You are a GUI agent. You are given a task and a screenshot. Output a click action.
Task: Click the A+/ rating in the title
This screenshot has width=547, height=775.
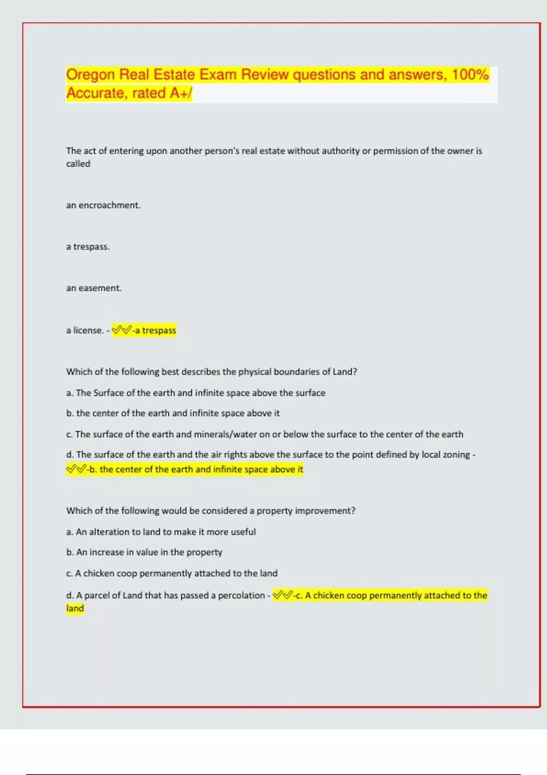[181, 93]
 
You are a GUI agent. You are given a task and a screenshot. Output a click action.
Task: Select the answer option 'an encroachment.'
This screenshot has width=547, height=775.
[103, 205]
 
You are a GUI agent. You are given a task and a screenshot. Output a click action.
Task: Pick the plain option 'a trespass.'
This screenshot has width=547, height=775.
[88, 247]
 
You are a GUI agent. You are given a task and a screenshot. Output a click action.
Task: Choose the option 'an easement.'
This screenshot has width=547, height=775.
[93, 288]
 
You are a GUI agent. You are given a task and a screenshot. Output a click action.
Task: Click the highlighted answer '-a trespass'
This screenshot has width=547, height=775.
[154, 330]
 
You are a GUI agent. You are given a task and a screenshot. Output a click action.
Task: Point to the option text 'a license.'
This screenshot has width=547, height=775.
[85, 330]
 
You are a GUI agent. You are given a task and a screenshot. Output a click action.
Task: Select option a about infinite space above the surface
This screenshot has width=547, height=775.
[196, 393]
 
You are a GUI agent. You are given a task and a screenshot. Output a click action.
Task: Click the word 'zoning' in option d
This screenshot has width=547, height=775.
[456, 455]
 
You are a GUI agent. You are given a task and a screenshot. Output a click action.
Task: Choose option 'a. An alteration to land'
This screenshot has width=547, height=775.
[160, 532]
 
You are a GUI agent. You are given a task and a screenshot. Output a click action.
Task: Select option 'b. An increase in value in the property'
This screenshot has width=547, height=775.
[144, 552]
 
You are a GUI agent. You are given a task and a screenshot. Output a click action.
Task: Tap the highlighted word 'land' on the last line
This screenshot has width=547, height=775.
[75, 608]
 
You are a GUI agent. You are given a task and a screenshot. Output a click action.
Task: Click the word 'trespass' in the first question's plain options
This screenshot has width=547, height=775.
[91, 247]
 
